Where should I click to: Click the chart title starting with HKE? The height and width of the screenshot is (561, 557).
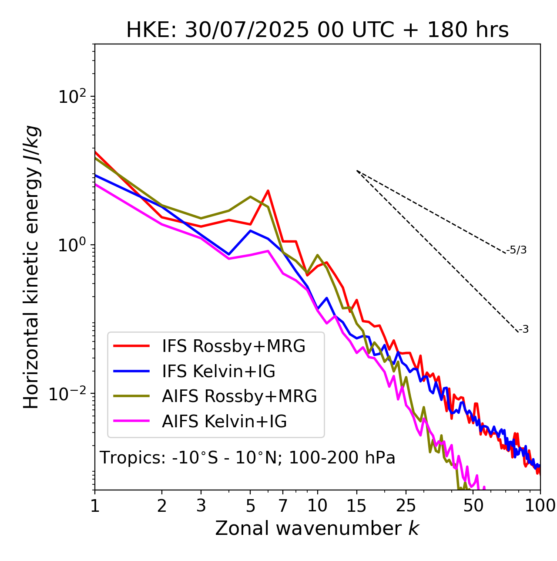317,30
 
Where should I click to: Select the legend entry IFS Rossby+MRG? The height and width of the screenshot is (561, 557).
233,346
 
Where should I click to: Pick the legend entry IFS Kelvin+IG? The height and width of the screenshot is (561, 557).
218,371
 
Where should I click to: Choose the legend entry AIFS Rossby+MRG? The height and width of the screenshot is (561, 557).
239,396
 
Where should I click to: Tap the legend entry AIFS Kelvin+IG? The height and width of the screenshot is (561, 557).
224,421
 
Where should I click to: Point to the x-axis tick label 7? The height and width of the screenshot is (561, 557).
283,506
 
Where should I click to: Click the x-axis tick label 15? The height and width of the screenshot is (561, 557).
357,506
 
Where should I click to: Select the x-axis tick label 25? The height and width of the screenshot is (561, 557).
406,506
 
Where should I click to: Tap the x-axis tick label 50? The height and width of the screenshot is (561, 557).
473,506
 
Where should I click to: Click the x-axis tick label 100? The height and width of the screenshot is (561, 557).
540,506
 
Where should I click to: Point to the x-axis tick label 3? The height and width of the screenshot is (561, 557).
201,506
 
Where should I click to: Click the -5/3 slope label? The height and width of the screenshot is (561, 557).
517,250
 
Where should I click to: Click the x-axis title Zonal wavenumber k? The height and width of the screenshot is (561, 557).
317,528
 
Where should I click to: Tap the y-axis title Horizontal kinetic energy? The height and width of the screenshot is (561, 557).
32,267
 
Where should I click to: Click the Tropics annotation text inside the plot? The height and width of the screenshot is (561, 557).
248,458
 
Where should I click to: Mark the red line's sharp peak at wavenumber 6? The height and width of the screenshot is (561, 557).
268,191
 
